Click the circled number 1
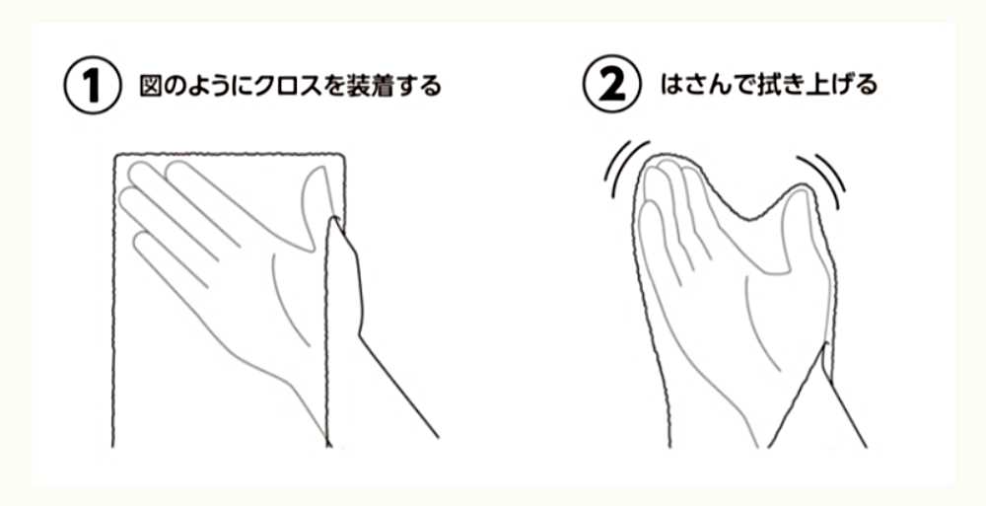pos(93,86)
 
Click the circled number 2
pos(612,86)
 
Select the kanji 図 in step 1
pos(152,86)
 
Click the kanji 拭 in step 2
pos(766,86)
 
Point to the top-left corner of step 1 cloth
pos(115,155)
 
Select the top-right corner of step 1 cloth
pos(344,155)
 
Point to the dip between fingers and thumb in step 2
pos(748,217)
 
